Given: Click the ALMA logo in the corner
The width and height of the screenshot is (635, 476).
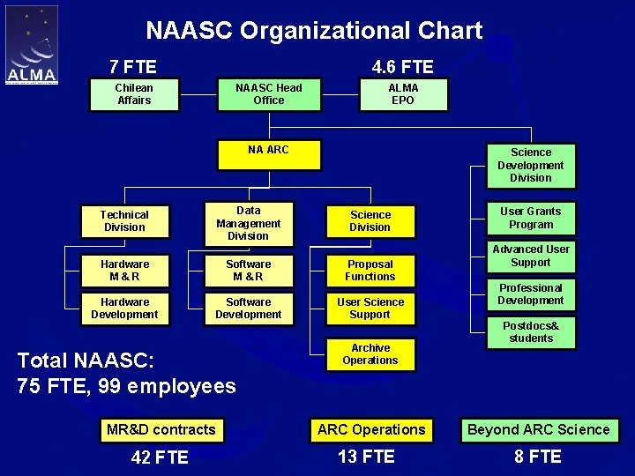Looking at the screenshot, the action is pos(32,46).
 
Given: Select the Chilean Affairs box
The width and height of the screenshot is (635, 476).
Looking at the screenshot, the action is pos(134,94).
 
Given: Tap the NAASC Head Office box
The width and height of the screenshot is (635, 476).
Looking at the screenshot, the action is pos(269,94).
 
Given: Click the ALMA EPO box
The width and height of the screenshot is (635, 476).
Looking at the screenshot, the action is pos(403,94).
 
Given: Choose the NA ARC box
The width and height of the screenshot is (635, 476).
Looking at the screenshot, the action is pos(268,154).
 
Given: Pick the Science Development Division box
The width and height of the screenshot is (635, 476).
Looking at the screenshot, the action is pos(531,166).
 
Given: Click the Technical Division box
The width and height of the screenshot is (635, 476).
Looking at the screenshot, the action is pos(124,221).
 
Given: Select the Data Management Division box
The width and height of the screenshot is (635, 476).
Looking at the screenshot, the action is pos(248,223).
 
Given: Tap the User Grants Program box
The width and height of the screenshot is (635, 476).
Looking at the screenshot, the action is pos(531,218).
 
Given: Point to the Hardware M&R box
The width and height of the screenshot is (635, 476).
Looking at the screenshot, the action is pos(124,271).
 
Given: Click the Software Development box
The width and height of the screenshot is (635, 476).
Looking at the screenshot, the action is pos(248,309).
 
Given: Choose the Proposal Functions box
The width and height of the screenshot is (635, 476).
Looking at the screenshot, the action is pos(370,271).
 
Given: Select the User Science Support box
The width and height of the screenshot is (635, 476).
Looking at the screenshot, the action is pos(370,309).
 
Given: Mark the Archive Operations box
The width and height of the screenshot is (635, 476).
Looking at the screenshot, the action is pos(370,354).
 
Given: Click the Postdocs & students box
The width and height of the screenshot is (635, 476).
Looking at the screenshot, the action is pos(531,332).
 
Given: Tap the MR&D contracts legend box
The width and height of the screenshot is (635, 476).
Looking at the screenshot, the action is pos(161,430).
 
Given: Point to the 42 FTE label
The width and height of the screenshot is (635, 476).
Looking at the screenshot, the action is pos(160,457).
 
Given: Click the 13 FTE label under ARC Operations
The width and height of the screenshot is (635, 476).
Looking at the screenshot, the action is pos(366,457).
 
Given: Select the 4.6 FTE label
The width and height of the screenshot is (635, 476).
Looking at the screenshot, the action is pos(403,67).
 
